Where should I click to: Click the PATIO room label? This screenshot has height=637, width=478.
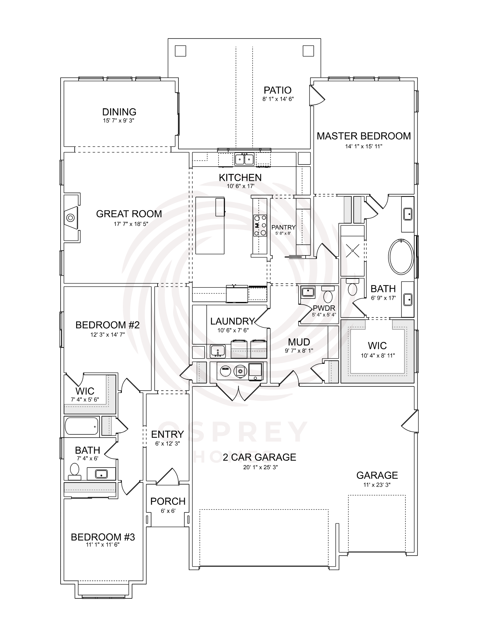pos(278,90)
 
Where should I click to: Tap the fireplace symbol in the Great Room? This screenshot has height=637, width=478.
pos(70,218)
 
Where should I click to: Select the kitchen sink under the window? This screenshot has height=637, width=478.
pos(244,159)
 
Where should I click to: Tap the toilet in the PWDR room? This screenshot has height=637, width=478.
pos(328,294)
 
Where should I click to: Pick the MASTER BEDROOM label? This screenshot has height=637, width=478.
pos(364,136)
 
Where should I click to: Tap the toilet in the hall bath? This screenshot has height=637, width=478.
pos(74,472)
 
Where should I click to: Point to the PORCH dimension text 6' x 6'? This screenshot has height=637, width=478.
pos(168,511)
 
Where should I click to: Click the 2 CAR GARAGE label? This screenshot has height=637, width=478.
pos(260,457)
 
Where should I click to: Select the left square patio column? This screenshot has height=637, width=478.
pos(181,51)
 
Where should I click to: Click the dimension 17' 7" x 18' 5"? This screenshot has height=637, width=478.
pos(129,224)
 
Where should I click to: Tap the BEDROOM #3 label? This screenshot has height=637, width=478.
pos(103,537)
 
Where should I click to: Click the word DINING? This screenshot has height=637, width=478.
pos(119,112)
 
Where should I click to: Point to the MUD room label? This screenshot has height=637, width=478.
pos(299,342)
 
